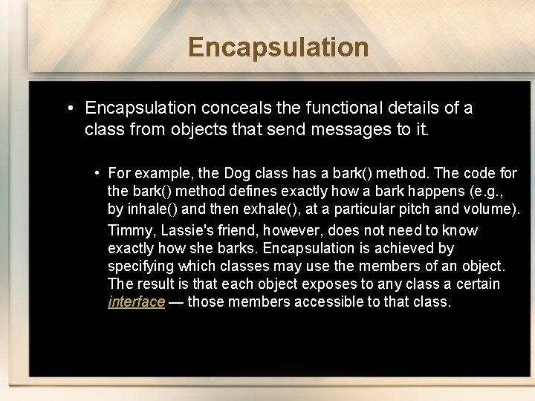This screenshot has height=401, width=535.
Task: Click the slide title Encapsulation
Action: pos(279,47)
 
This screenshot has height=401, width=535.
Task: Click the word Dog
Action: pos(236,173)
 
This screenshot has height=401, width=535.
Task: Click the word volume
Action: pos(490,209)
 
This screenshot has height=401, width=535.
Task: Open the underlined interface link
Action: pos(136,302)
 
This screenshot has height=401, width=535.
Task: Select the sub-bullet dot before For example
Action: pos(98,173)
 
